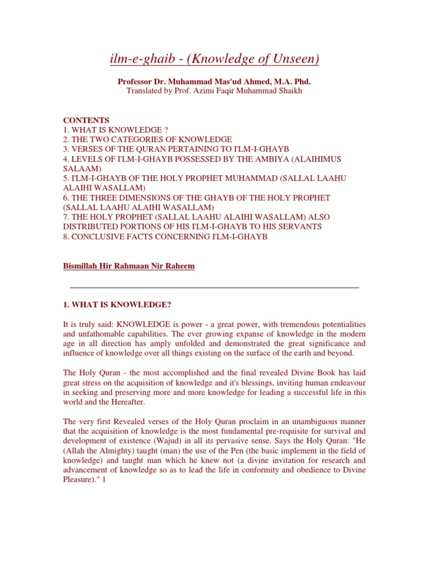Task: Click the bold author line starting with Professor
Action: point(214,82)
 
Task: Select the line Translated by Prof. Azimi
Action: point(214,91)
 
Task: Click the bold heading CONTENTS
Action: point(86,120)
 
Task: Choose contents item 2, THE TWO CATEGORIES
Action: point(147,139)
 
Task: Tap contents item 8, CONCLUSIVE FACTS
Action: point(165,236)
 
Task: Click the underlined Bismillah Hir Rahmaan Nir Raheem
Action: point(129,266)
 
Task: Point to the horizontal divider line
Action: point(214,288)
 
